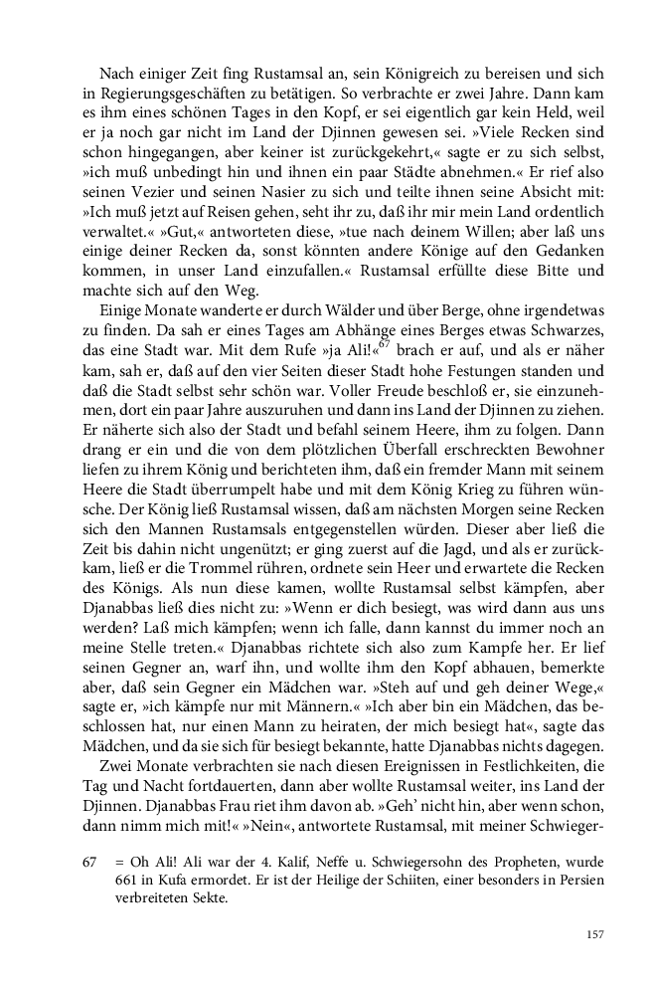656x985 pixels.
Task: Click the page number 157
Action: (x=594, y=934)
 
